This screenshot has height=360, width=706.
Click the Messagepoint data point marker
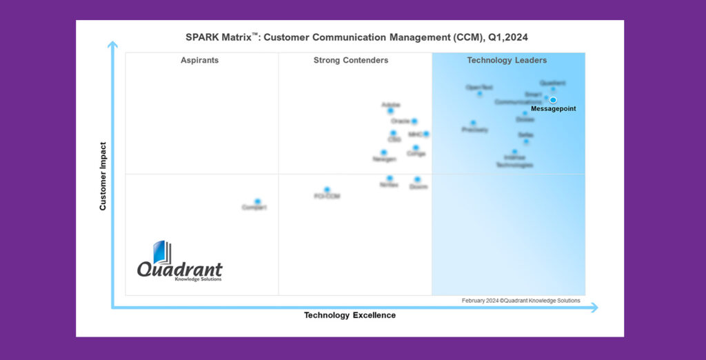coord(553,100)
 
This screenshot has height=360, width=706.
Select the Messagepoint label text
coord(553,109)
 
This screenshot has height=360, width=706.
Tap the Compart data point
coord(258,201)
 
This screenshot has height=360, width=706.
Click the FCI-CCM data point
coord(327,190)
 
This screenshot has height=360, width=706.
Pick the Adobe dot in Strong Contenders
coord(390,111)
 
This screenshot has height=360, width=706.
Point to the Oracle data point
coord(414,121)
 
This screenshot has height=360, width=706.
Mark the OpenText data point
coord(480,94)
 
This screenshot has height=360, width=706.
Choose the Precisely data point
coord(473,123)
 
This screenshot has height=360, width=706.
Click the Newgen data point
coord(384,152)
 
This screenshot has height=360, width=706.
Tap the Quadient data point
coord(553,89)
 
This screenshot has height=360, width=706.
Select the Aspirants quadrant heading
coord(199,61)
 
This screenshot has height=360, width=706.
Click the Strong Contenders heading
coord(350,61)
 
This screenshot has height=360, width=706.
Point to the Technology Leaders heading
coord(507,61)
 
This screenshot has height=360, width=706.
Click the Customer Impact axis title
coord(103,176)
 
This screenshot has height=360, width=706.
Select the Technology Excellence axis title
coord(350,315)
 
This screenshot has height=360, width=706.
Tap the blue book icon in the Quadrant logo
coord(161,252)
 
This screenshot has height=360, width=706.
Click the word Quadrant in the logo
coord(179,269)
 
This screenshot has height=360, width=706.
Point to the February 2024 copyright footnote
coord(521,301)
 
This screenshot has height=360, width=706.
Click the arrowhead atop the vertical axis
coord(112,45)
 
